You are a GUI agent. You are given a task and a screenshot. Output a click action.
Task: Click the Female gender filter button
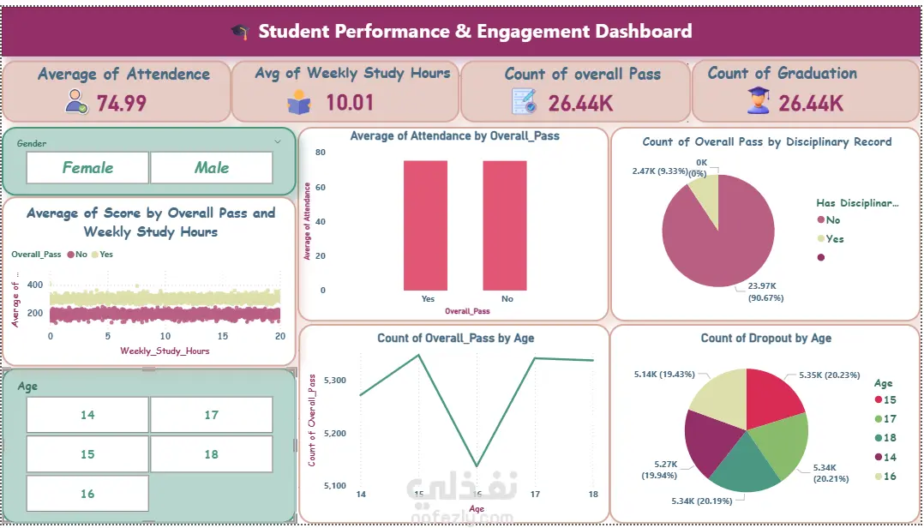pos(87,168)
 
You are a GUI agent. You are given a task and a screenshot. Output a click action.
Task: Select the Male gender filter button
pos(211,168)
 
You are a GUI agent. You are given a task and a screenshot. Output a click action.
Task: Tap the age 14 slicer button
pos(87,415)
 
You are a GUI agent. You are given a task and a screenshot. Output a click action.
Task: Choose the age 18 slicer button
pos(211,454)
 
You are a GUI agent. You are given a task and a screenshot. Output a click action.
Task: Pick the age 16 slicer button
pos(87,494)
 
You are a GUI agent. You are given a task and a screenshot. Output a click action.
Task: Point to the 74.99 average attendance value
pos(121,104)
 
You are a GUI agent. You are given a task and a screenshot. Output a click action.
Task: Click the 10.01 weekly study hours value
pos(350,104)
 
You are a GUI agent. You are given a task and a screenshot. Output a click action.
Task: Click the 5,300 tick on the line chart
pos(335,380)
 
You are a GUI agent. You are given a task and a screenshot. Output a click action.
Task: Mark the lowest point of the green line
pos(477,466)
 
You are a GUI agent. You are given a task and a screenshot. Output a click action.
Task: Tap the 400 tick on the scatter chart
pos(35,285)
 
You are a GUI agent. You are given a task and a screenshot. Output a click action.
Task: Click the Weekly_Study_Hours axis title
pos(165,351)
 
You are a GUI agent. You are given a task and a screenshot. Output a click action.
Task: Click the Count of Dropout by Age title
pos(765,338)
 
